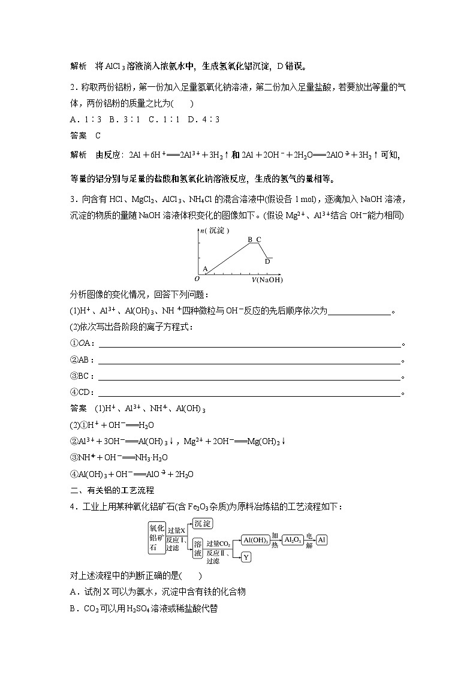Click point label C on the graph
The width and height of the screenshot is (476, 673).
tap(259, 240)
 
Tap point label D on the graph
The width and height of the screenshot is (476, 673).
tap(267, 261)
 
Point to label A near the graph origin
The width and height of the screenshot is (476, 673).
tap(204, 269)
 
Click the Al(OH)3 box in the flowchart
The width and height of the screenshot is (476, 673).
tap(255, 540)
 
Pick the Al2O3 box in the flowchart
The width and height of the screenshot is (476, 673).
tap(293, 540)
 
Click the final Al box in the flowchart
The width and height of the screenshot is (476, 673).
tap(322, 540)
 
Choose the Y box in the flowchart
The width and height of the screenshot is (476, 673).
tap(246, 557)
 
